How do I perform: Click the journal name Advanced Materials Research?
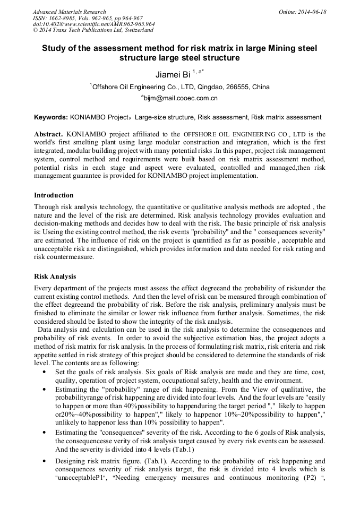point(69,12)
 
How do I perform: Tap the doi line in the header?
point(93,24)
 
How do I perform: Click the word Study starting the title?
point(54,48)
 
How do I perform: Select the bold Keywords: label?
point(50,117)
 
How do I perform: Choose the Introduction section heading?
point(54,195)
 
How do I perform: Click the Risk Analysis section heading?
point(55,277)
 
